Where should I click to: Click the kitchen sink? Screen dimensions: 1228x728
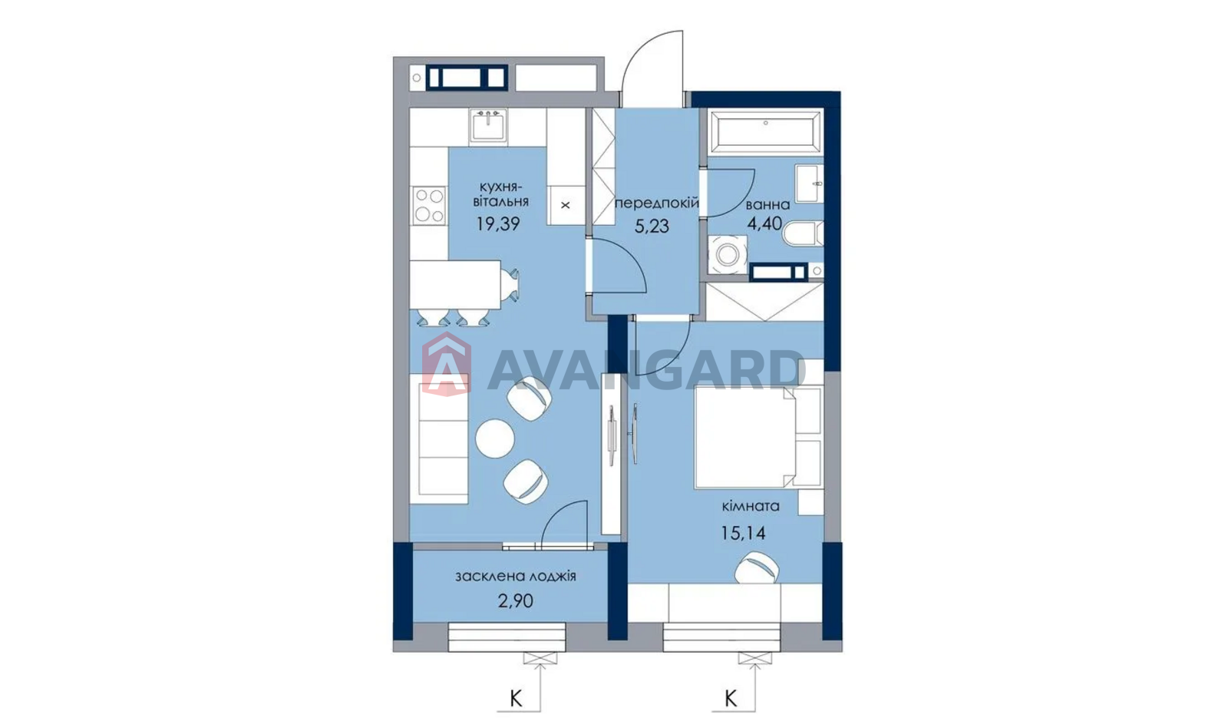(x=488, y=126)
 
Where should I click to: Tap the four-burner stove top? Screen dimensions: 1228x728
(x=429, y=206)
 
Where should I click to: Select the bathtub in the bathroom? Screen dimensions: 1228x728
(x=765, y=131)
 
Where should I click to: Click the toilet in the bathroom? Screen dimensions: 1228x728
(x=804, y=234)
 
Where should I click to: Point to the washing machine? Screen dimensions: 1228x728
(x=728, y=254)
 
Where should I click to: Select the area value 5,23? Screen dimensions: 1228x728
(x=652, y=226)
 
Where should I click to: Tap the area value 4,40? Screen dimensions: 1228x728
(x=765, y=223)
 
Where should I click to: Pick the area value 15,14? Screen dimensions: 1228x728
(x=743, y=533)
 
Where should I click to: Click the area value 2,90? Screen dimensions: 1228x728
(x=515, y=601)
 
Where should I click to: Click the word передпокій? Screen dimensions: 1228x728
(x=657, y=203)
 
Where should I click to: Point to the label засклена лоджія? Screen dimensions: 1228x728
(x=515, y=577)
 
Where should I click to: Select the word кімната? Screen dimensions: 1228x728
(x=751, y=506)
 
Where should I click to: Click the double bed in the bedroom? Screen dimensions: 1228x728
(x=758, y=437)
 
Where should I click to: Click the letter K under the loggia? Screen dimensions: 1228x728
(x=516, y=698)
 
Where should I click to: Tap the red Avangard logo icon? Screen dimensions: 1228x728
(x=446, y=364)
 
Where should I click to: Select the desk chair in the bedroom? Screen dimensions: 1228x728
(x=757, y=568)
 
